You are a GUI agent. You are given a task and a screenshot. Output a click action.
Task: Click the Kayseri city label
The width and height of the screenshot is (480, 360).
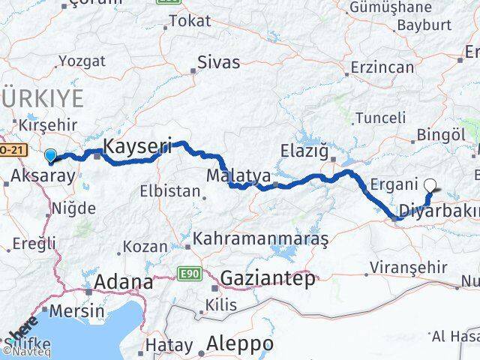click(x=137, y=145)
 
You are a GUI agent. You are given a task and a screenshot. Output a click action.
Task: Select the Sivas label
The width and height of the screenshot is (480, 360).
click(x=218, y=62)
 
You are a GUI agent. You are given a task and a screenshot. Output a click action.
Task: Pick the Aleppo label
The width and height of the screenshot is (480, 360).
click(x=240, y=343)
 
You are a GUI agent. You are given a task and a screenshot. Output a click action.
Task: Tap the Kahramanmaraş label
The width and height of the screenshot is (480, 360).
click(x=261, y=240)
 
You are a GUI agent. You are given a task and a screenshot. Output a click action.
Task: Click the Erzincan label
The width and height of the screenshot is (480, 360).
click(x=382, y=67)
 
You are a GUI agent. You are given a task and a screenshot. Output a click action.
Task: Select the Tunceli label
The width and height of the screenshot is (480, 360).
click(x=380, y=118)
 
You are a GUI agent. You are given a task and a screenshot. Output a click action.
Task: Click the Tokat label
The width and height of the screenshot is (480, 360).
click(x=190, y=21)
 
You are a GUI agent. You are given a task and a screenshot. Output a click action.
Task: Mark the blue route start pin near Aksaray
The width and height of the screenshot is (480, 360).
click(x=50, y=156)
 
